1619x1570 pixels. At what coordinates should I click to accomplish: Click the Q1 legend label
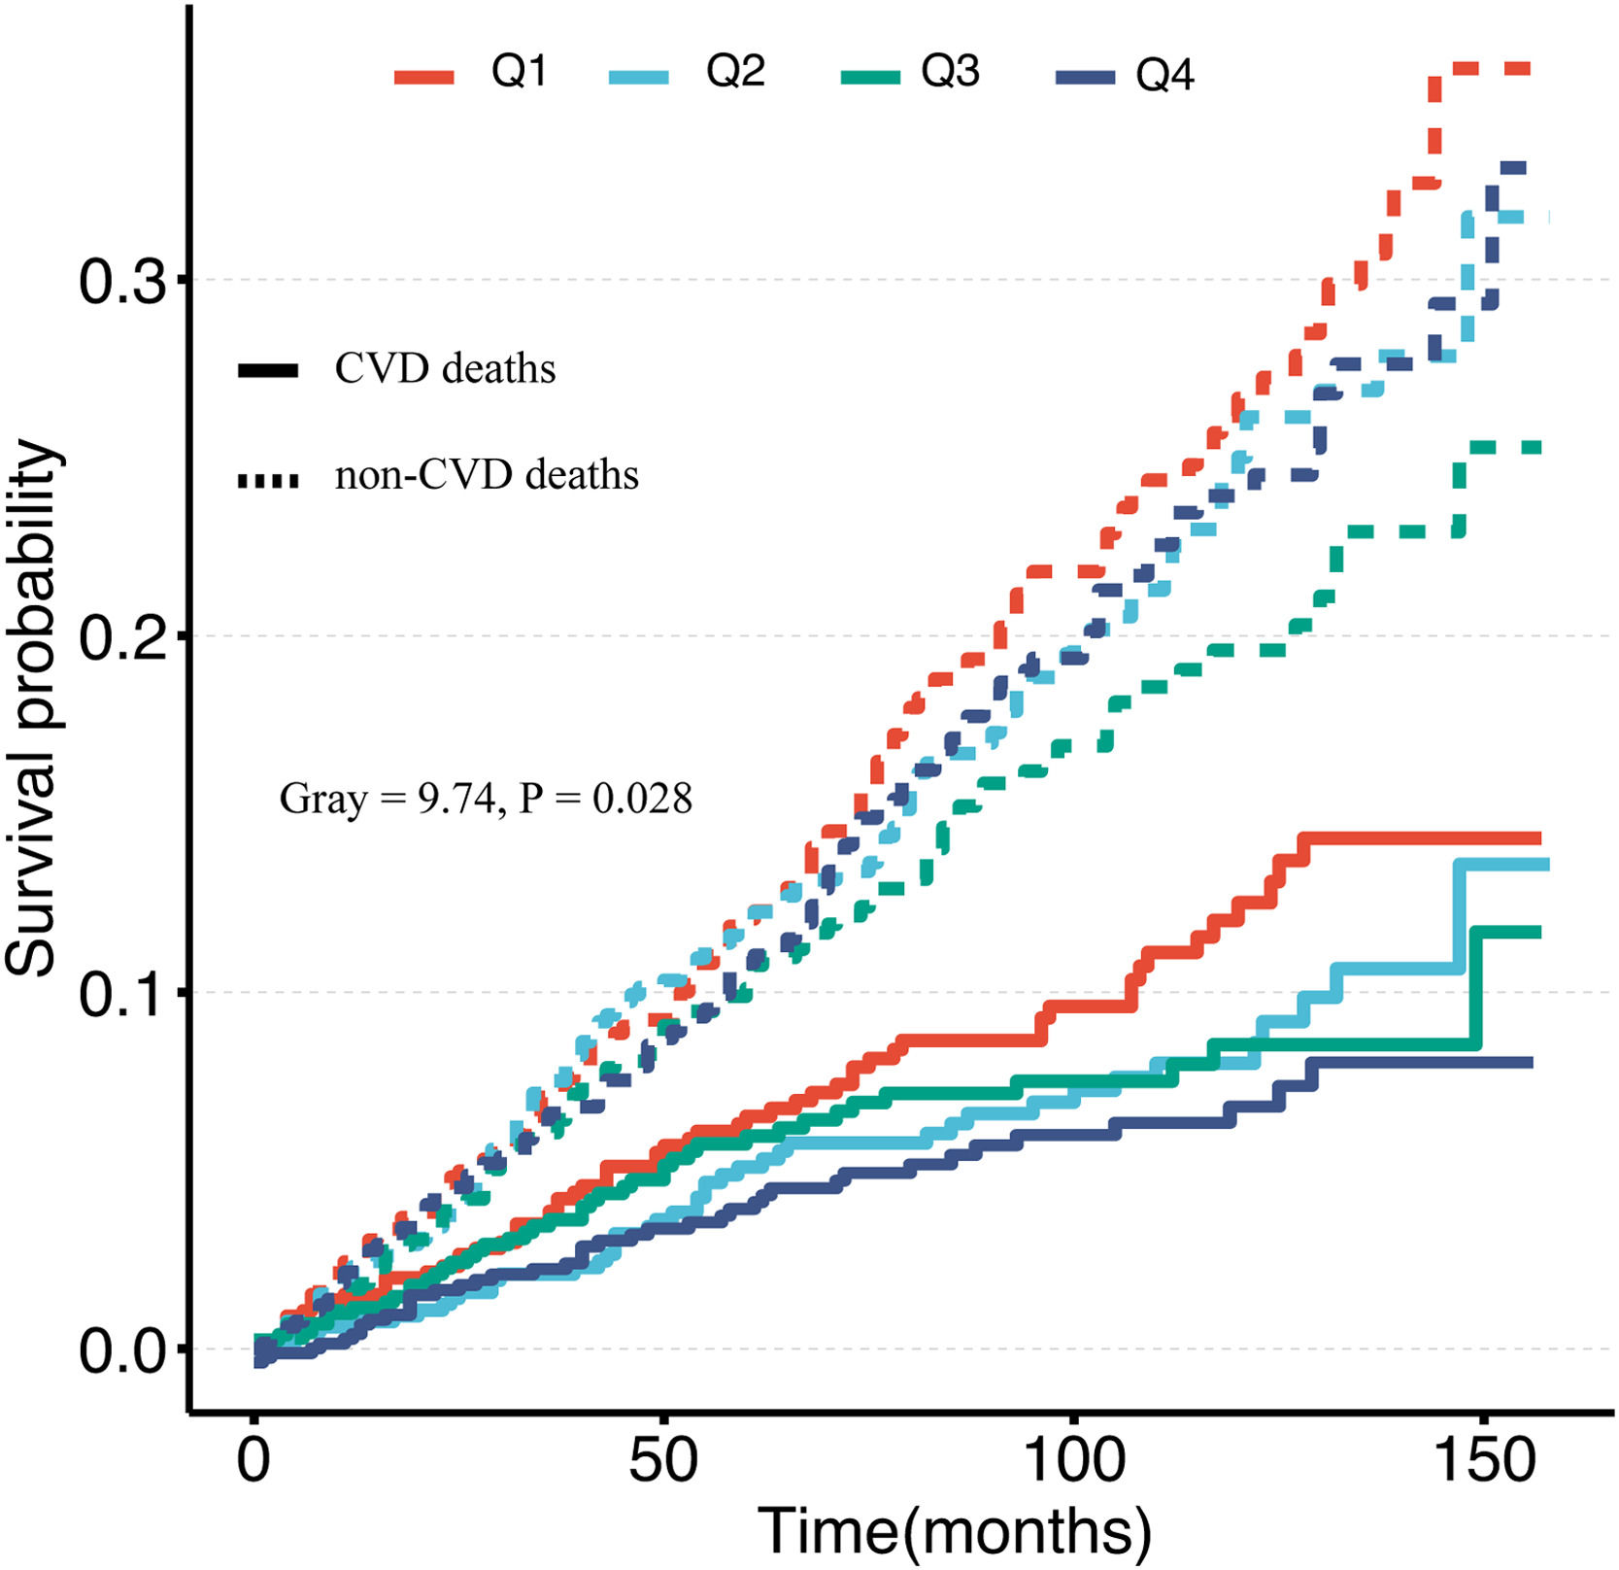pyautogui.click(x=519, y=72)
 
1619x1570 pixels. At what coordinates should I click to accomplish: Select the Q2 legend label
pyautogui.click(x=735, y=72)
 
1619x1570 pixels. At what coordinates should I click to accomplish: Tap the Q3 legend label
pyautogui.click(x=950, y=72)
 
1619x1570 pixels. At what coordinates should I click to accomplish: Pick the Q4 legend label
pyautogui.click(x=1164, y=76)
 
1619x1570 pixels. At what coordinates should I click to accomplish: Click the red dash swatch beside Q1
pyautogui.click(x=424, y=77)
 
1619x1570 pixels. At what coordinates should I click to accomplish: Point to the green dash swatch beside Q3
pyautogui.click(x=871, y=77)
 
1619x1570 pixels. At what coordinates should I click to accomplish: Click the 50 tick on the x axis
pyautogui.click(x=663, y=1459)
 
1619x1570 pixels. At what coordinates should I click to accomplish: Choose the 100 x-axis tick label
pyautogui.click(x=1073, y=1459)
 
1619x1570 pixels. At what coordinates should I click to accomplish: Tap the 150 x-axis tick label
pyautogui.click(x=1483, y=1459)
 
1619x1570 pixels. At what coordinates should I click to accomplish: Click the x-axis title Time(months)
pyautogui.click(x=954, y=1531)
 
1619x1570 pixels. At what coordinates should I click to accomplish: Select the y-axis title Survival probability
pyautogui.click(x=31, y=707)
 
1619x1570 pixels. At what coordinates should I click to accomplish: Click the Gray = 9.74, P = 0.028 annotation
pyautogui.click(x=486, y=799)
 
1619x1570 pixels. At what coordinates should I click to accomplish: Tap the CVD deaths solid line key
pyautogui.click(x=268, y=371)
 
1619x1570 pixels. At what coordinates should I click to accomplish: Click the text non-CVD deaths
pyautogui.click(x=487, y=476)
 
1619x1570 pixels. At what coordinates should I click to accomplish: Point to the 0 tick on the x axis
pyautogui.click(x=253, y=1459)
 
